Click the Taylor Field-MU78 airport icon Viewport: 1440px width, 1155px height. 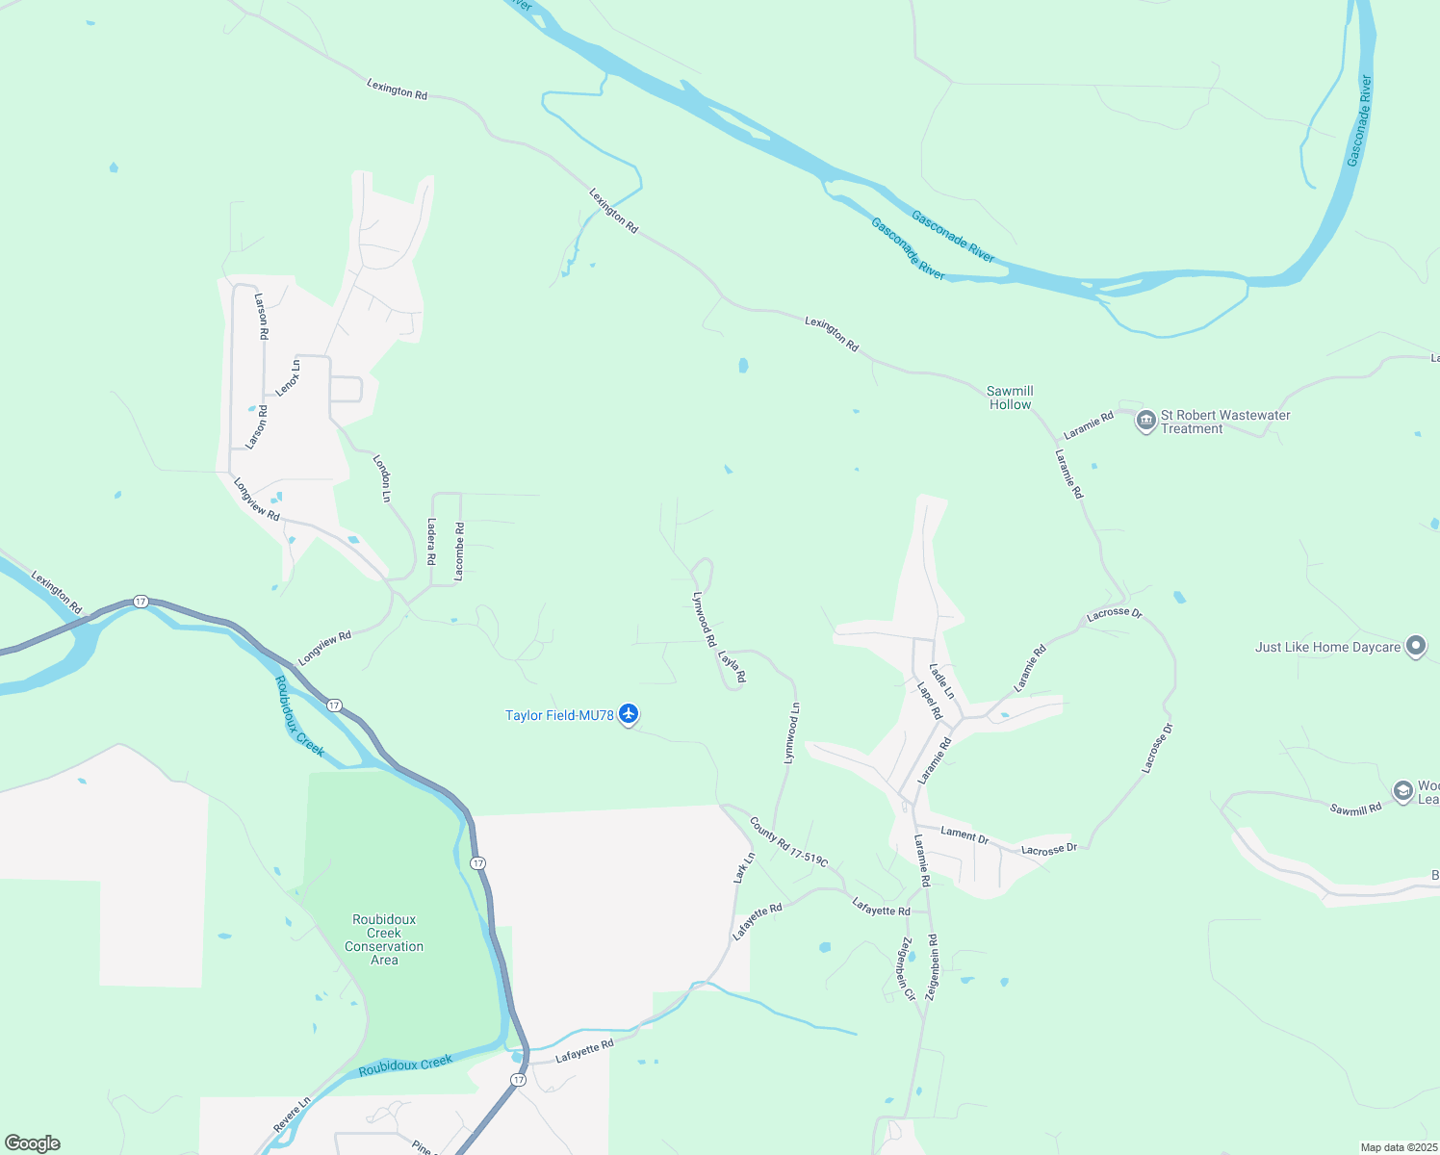pyautogui.click(x=629, y=714)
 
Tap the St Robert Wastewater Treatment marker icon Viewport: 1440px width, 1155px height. pyautogui.click(x=1145, y=422)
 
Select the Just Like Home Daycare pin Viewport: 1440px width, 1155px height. pyautogui.click(x=1415, y=647)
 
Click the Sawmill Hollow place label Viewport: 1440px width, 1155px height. pyautogui.click(x=1010, y=398)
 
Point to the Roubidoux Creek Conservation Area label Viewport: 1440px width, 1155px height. pyautogui.click(x=384, y=939)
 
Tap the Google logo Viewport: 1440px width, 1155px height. pyautogui.click(x=33, y=1143)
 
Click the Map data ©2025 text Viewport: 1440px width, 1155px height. pyautogui.click(x=1398, y=1147)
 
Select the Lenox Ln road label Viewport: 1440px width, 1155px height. pyautogui.click(x=288, y=377)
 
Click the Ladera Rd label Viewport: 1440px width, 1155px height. pyautogui.click(x=431, y=542)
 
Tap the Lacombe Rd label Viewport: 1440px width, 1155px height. pyautogui.click(x=459, y=551)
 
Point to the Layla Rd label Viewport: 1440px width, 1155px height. pyautogui.click(x=733, y=667)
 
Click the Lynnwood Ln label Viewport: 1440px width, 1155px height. pyautogui.click(x=791, y=733)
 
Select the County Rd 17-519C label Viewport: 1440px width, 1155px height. pyautogui.click(x=788, y=842)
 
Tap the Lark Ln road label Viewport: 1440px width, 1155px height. pyautogui.click(x=744, y=867)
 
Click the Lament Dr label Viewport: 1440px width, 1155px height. pyautogui.click(x=964, y=835)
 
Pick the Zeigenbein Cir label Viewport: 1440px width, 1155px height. pyautogui.click(x=907, y=968)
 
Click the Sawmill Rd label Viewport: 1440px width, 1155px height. pyautogui.click(x=1355, y=809)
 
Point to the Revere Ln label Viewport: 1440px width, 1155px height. pyautogui.click(x=292, y=1115)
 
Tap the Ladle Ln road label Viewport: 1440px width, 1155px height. pyautogui.click(x=942, y=681)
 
